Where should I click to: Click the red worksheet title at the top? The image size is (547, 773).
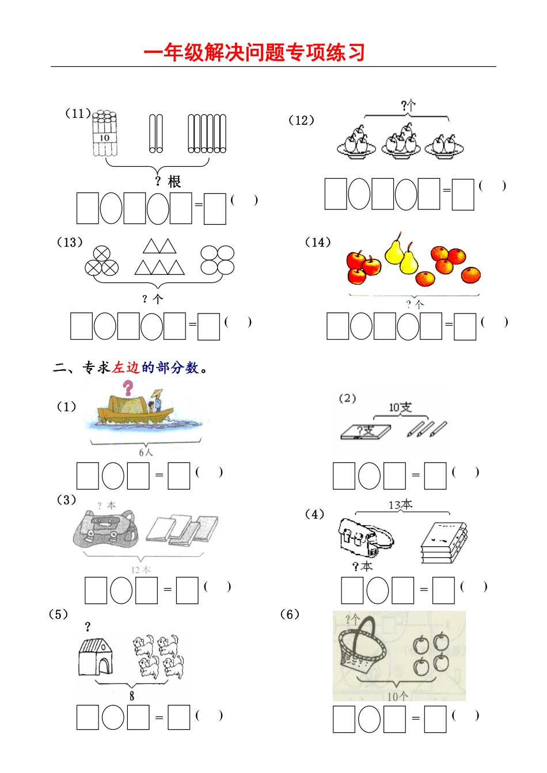(254, 52)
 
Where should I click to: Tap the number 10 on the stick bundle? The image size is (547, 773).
(104, 138)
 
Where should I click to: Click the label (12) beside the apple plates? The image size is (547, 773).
(301, 120)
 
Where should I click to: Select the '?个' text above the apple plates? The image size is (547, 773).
(408, 106)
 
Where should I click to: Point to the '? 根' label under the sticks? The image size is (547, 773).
(168, 182)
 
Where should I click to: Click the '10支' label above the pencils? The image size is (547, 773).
(400, 407)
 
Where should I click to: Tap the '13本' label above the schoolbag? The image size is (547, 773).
(400, 505)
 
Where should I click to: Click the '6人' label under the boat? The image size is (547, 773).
(146, 452)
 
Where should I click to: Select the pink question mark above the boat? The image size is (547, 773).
(128, 388)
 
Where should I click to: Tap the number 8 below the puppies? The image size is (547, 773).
(132, 696)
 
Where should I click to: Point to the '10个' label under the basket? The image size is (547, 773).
(397, 696)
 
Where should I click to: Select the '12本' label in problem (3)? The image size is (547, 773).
(140, 570)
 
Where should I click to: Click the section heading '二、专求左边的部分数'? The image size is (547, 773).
(130, 368)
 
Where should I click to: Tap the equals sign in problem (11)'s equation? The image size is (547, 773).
(199, 204)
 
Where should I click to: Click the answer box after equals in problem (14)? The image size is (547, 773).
(465, 326)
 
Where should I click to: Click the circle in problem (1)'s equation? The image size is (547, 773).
(113, 476)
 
